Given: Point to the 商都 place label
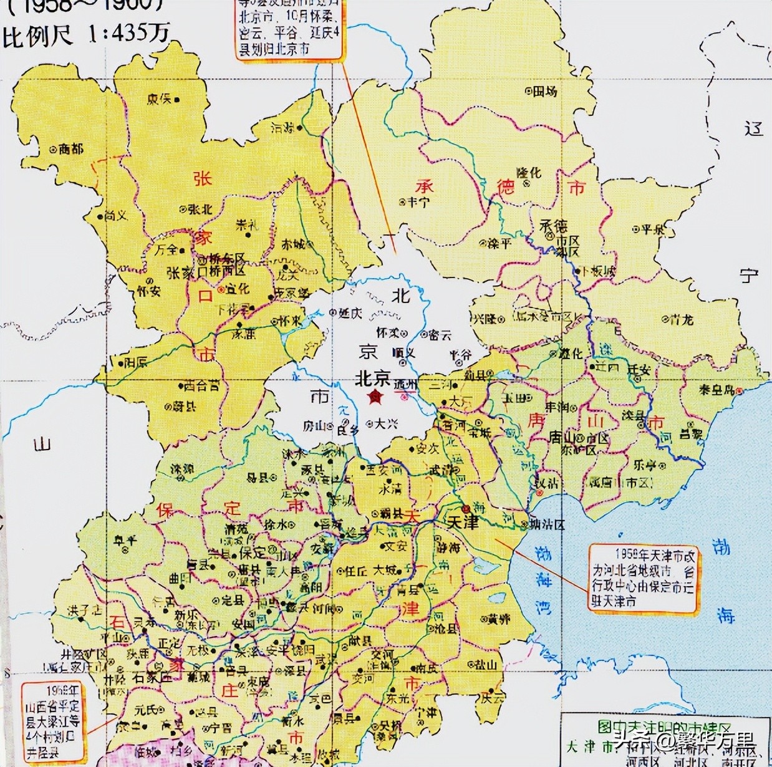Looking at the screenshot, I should pyautogui.click(x=70, y=149).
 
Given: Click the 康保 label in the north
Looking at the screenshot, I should pyautogui.click(x=158, y=99).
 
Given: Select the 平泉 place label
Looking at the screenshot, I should pyautogui.click(x=652, y=229).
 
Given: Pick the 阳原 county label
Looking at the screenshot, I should pyautogui.click(x=135, y=362).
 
